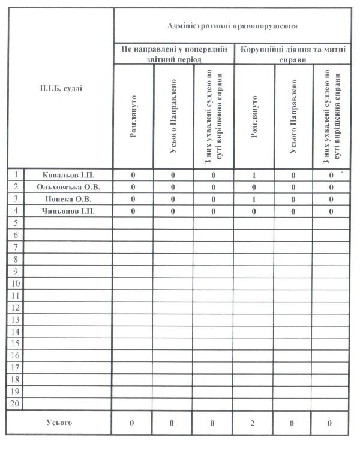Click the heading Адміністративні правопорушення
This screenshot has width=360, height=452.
pyautogui.click(x=231, y=26)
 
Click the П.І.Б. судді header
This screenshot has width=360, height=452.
pyautogui.click(x=61, y=88)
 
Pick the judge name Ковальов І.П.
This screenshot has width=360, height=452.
pyautogui.click(x=68, y=175)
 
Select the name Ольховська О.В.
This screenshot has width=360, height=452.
pyautogui.click(x=68, y=187)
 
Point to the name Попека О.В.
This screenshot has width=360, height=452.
pyautogui.click(x=68, y=199)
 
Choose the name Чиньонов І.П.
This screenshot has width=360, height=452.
pyautogui.click(x=68, y=211)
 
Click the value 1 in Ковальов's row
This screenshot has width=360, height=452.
pyautogui.click(x=254, y=175)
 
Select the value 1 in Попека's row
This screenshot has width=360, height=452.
pyautogui.click(x=254, y=199)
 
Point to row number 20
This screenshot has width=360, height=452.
pyautogui.click(x=16, y=404)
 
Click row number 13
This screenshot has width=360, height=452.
pyautogui.click(x=16, y=320)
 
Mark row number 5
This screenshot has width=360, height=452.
pyautogui.click(x=16, y=223)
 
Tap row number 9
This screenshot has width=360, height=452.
pyautogui.click(x=16, y=271)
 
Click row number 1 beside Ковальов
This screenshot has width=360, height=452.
pyautogui.click(x=16, y=175)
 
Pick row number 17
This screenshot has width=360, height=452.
pyautogui.click(x=16, y=367)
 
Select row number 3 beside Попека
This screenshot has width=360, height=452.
pyautogui.click(x=16, y=199)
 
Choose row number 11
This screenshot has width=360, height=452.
pyautogui.click(x=16, y=296)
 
